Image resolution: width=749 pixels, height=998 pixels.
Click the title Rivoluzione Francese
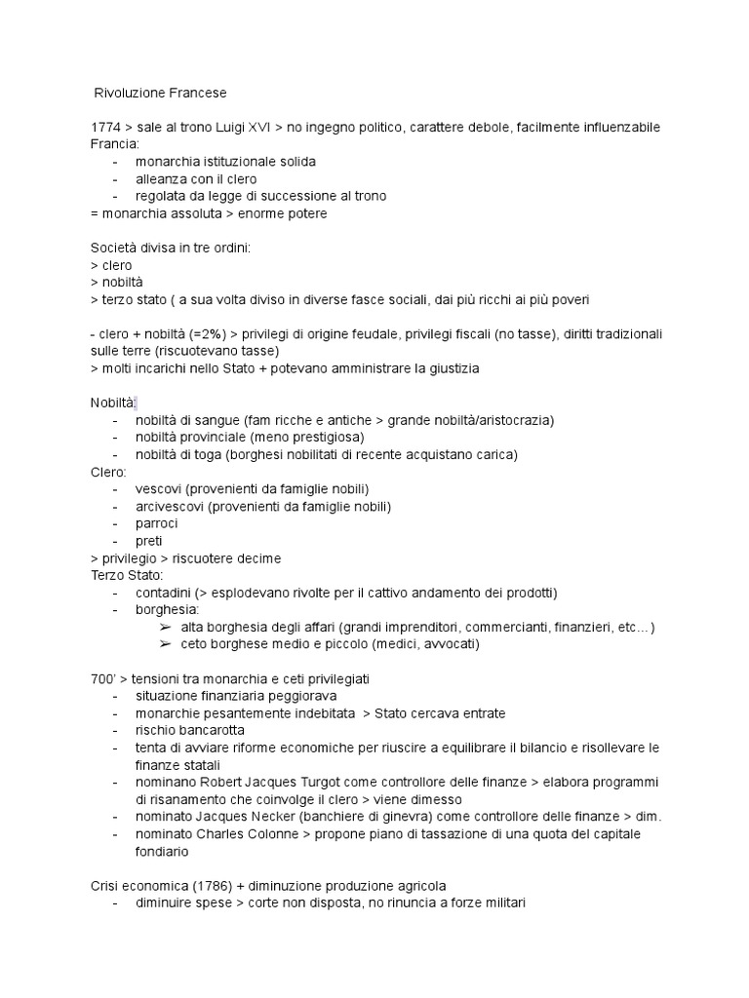(160, 94)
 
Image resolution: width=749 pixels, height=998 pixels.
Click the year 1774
(105, 128)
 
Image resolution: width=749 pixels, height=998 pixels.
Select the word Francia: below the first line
(115, 144)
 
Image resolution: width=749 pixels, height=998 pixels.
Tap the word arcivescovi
(171, 507)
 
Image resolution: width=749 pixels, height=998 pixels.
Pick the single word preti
(150, 541)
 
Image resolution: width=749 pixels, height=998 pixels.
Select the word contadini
(163, 593)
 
